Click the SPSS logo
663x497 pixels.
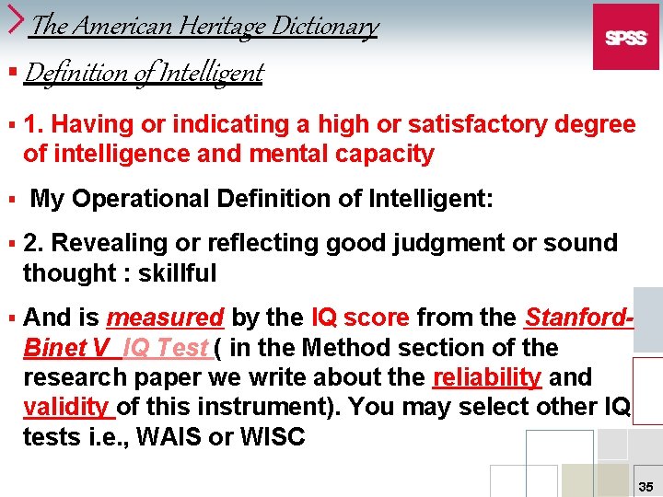click(626, 37)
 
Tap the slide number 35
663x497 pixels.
click(646, 485)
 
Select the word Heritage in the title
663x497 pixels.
click(227, 26)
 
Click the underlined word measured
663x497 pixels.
click(165, 318)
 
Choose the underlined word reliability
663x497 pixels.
click(488, 377)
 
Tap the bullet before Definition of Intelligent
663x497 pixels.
click(12, 71)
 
